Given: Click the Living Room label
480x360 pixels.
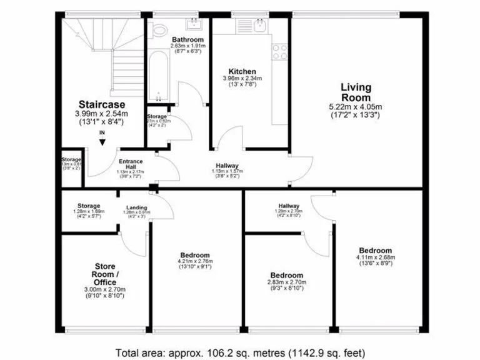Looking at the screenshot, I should (x=355, y=92).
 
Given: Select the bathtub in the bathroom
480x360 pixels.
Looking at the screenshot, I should (x=157, y=75).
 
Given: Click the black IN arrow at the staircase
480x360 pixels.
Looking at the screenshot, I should (x=102, y=141).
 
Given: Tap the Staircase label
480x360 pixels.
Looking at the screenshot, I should (x=102, y=104).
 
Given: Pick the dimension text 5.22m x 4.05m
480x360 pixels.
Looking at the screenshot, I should (x=355, y=107).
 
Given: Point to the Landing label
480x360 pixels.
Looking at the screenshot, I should (x=137, y=207).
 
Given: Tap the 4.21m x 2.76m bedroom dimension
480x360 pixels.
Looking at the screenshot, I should (x=196, y=262).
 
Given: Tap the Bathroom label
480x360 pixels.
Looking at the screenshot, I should (x=187, y=39).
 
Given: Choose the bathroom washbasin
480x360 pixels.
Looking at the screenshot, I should (x=193, y=26).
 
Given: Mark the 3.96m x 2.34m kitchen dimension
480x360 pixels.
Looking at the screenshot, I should (x=242, y=79).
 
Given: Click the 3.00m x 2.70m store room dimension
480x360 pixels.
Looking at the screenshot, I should (x=105, y=289).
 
